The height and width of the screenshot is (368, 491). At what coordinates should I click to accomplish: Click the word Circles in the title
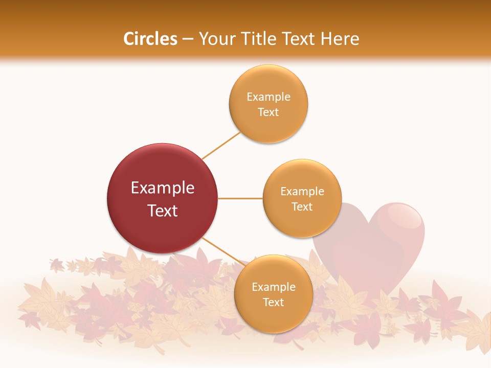pos(150,39)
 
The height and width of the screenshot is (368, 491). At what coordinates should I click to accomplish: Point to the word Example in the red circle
pos(163,188)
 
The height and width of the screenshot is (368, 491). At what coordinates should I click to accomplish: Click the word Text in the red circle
pos(163,211)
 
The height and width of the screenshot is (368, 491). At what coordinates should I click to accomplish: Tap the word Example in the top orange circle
pos(269,97)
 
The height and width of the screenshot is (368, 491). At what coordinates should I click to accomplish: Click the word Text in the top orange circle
pos(269,112)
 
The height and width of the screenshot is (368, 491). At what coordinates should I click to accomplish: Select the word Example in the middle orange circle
pos(302,191)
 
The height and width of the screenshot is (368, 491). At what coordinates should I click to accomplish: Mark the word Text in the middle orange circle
pos(302,206)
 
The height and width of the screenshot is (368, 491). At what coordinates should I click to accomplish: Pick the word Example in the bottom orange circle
pos(273,287)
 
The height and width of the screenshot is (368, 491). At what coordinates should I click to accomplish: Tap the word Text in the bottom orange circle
pos(273,302)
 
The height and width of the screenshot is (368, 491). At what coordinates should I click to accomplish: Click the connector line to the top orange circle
pos(221,146)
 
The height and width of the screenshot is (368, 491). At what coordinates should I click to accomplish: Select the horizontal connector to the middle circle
pos(240,198)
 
